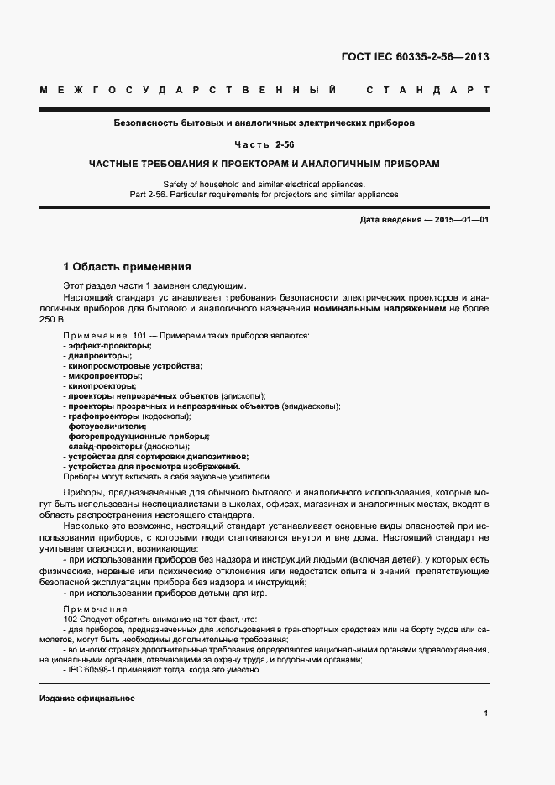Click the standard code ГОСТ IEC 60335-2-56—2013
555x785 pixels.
(x=414, y=57)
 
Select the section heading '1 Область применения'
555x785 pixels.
(x=128, y=267)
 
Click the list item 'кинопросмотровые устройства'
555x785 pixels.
(x=135, y=365)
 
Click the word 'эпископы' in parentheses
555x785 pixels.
(x=243, y=395)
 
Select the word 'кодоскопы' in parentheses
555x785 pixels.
(x=166, y=416)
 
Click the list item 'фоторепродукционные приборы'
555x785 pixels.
(x=139, y=436)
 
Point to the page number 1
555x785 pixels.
(x=486, y=714)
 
